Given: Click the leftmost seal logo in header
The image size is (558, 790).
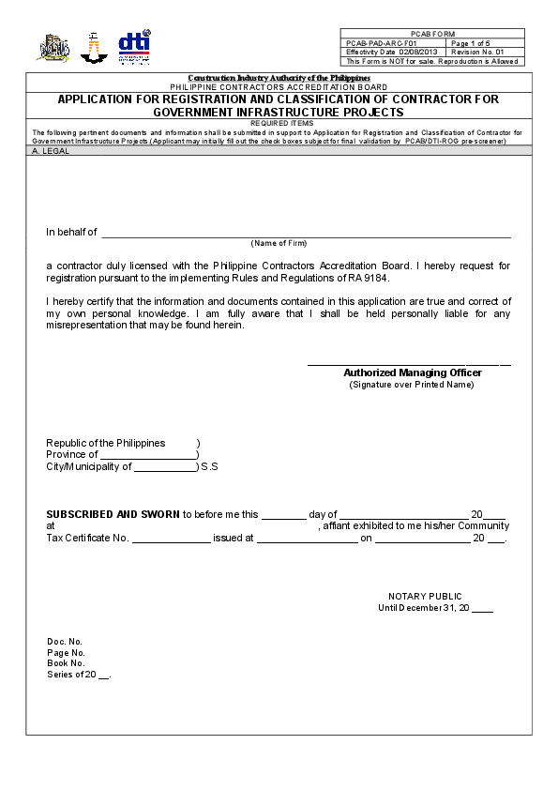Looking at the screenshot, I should point(53,48).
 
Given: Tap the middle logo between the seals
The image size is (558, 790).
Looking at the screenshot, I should point(94,48).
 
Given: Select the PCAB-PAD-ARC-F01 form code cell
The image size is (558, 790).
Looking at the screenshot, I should point(394,43).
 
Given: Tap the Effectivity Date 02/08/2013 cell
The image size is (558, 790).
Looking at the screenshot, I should point(394,52).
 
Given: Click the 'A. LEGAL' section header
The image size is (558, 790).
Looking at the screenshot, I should point(51,151).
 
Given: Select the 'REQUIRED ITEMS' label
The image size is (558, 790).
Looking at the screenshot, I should point(279,123).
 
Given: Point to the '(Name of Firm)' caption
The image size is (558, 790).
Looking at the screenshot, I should point(279,243).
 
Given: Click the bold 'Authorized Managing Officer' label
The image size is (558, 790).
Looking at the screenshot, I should point(412,372).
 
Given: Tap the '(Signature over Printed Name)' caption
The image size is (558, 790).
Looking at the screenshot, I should point(412,385).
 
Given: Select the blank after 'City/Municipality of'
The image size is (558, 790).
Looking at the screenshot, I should point(165,467).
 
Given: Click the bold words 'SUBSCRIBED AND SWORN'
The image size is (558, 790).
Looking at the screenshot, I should point(113,514).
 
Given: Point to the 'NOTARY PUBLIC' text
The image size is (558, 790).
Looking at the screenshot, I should point(425,597).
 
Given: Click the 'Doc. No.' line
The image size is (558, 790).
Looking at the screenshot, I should point(65,642).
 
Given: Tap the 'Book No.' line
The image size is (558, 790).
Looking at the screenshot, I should point(66,663).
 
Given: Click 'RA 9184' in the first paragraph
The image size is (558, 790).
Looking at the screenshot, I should point(369,279).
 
